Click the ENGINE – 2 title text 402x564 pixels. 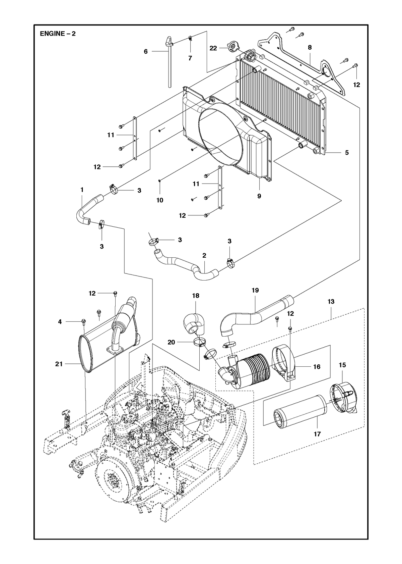point(58,34)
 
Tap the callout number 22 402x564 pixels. point(213,48)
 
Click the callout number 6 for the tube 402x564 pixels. point(146,52)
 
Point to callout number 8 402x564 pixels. point(310,47)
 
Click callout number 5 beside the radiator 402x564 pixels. point(347,153)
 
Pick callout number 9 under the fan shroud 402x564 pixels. point(259,196)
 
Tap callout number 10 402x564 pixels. point(160,200)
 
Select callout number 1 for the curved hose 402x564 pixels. point(82,190)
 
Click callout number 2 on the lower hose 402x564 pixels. point(204,256)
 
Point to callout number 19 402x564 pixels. point(255,290)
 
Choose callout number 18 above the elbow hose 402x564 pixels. point(196,296)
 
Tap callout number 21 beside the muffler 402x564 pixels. point(59,364)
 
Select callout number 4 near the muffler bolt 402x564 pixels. point(60,321)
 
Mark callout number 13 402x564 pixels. point(331,301)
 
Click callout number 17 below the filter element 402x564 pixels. point(317,434)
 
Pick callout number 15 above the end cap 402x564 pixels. point(342,365)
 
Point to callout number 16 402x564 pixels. point(317,367)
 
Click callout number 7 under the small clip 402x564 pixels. point(190,58)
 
